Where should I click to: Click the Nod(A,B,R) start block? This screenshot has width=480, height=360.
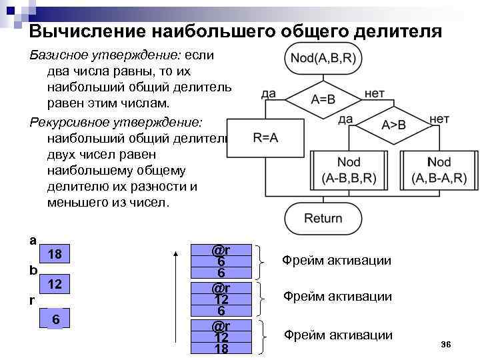click(323, 59)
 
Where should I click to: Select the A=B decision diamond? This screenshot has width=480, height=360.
click(323, 99)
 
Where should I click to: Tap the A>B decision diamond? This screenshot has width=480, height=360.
click(393, 125)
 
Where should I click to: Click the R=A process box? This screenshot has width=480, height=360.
click(265, 138)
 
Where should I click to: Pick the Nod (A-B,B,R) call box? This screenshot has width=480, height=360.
click(349, 170)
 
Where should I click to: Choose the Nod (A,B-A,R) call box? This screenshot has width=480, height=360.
click(439, 170)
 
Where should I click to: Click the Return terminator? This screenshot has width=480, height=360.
click(323, 218)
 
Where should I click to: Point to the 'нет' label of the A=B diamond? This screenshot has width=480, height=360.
click(373, 94)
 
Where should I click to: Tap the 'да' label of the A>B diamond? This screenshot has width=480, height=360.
click(345, 119)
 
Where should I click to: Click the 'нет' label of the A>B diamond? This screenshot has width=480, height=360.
click(439, 119)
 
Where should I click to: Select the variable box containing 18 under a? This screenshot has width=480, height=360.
click(55, 255)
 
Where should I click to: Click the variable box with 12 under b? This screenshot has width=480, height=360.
click(55, 285)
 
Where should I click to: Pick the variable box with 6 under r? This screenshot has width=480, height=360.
click(56, 320)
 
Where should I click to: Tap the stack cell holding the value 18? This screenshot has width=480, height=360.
click(221, 348)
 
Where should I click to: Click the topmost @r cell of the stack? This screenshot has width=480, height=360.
click(221, 251)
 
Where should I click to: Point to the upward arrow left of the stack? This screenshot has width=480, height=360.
click(175, 300)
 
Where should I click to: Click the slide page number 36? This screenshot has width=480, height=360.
click(446, 344)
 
